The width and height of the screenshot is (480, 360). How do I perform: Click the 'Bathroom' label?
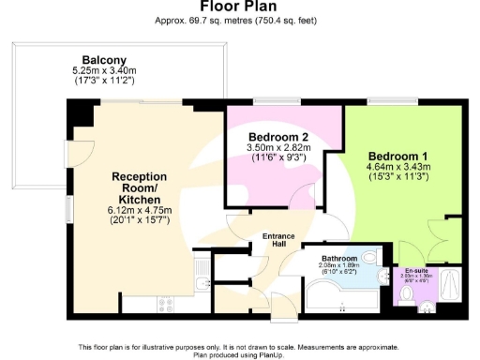pos(339,258)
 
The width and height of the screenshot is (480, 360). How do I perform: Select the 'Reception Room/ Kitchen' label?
pos(139,187)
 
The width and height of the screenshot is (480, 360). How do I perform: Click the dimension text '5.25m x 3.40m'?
pos(104,69)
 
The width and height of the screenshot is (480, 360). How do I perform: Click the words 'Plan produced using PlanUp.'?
pos(240,354)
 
